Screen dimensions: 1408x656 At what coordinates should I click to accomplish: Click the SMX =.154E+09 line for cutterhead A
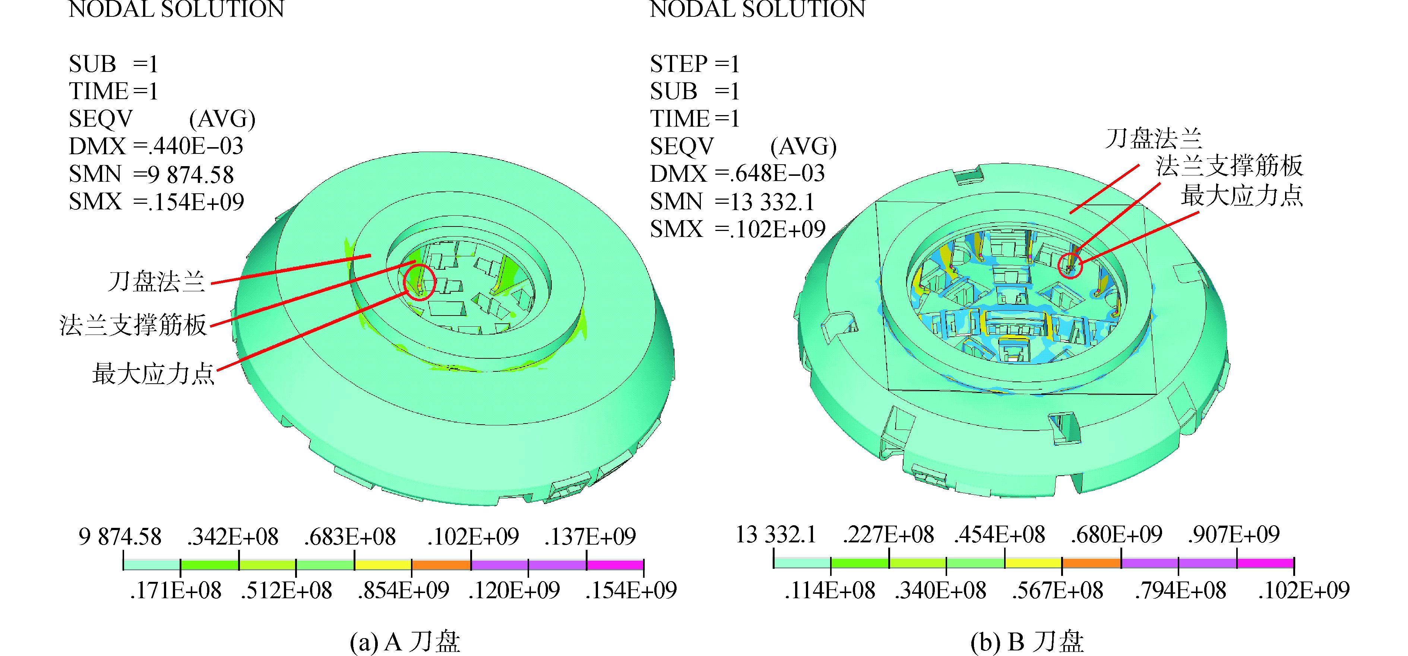click(156, 202)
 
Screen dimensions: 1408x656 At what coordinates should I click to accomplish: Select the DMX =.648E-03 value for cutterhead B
click(737, 173)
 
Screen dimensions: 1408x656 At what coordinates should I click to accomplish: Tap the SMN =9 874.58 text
click(151, 174)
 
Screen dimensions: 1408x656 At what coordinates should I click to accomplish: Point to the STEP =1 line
click(695, 64)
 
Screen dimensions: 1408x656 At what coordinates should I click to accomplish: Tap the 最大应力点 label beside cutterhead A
click(154, 374)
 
